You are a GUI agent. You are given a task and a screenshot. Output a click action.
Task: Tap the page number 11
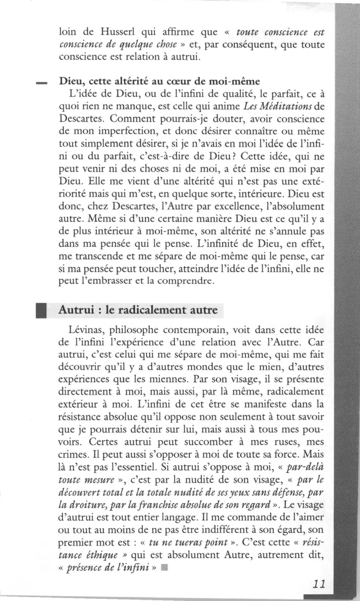coord(316,584)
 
